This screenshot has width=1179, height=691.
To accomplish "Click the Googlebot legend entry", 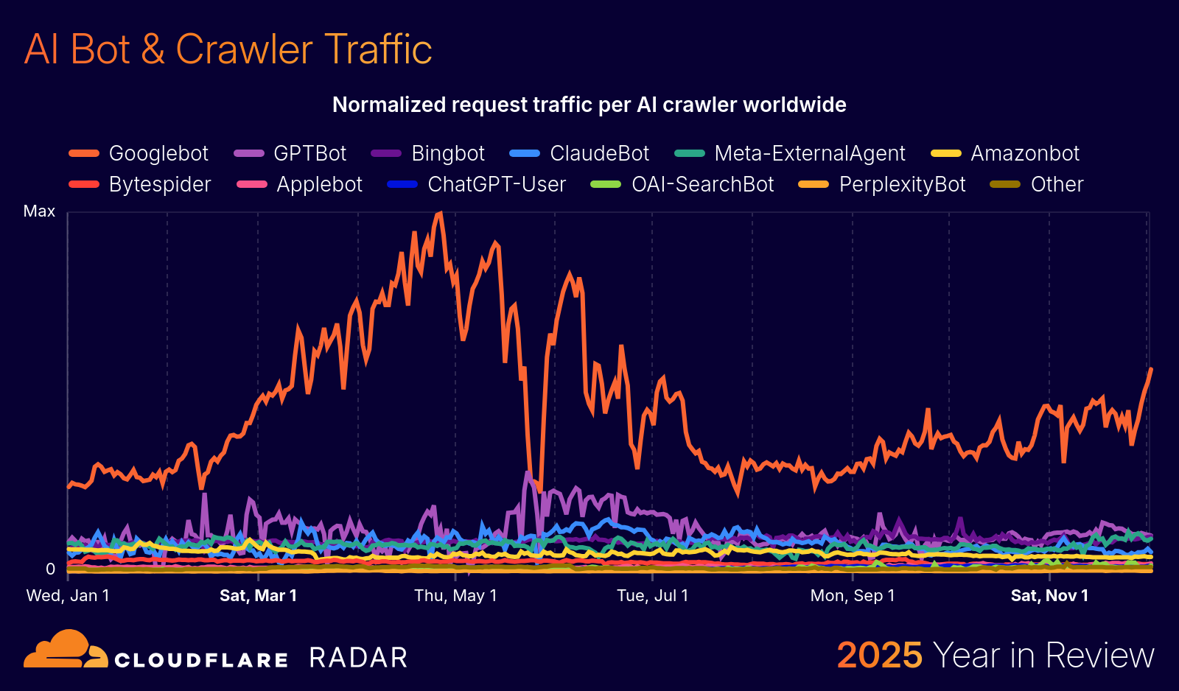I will (x=140, y=153).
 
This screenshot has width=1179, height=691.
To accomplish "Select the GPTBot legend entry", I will (x=291, y=153).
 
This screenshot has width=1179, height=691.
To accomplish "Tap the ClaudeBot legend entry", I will (x=581, y=153).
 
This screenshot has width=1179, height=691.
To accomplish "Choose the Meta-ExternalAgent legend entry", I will (x=791, y=153).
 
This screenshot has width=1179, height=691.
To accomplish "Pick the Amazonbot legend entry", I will (x=1006, y=153).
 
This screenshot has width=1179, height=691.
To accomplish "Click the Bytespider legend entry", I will (x=141, y=184).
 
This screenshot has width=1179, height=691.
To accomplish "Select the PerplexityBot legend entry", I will (x=883, y=184).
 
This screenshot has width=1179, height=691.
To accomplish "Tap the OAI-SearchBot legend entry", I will (x=683, y=184).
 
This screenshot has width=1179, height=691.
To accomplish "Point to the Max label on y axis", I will (x=39, y=211).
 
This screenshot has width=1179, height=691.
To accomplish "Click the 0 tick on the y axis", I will (x=50, y=569).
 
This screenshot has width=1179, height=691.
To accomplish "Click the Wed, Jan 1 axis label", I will (x=68, y=595).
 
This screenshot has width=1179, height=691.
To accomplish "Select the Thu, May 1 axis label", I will (x=455, y=595).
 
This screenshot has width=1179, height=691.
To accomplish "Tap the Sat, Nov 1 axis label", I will (x=1049, y=595).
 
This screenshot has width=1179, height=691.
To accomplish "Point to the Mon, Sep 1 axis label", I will (x=853, y=595).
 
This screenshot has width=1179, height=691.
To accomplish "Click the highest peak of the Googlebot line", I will (x=440, y=214).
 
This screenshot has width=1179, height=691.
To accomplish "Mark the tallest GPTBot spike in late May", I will (x=528, y=473).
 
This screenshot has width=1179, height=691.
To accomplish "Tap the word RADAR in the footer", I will (x=358, y=658).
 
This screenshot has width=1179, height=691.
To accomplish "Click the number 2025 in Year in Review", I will (x=879, y=655).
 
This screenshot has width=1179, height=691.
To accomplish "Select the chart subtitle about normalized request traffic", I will (x=589, y=105).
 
